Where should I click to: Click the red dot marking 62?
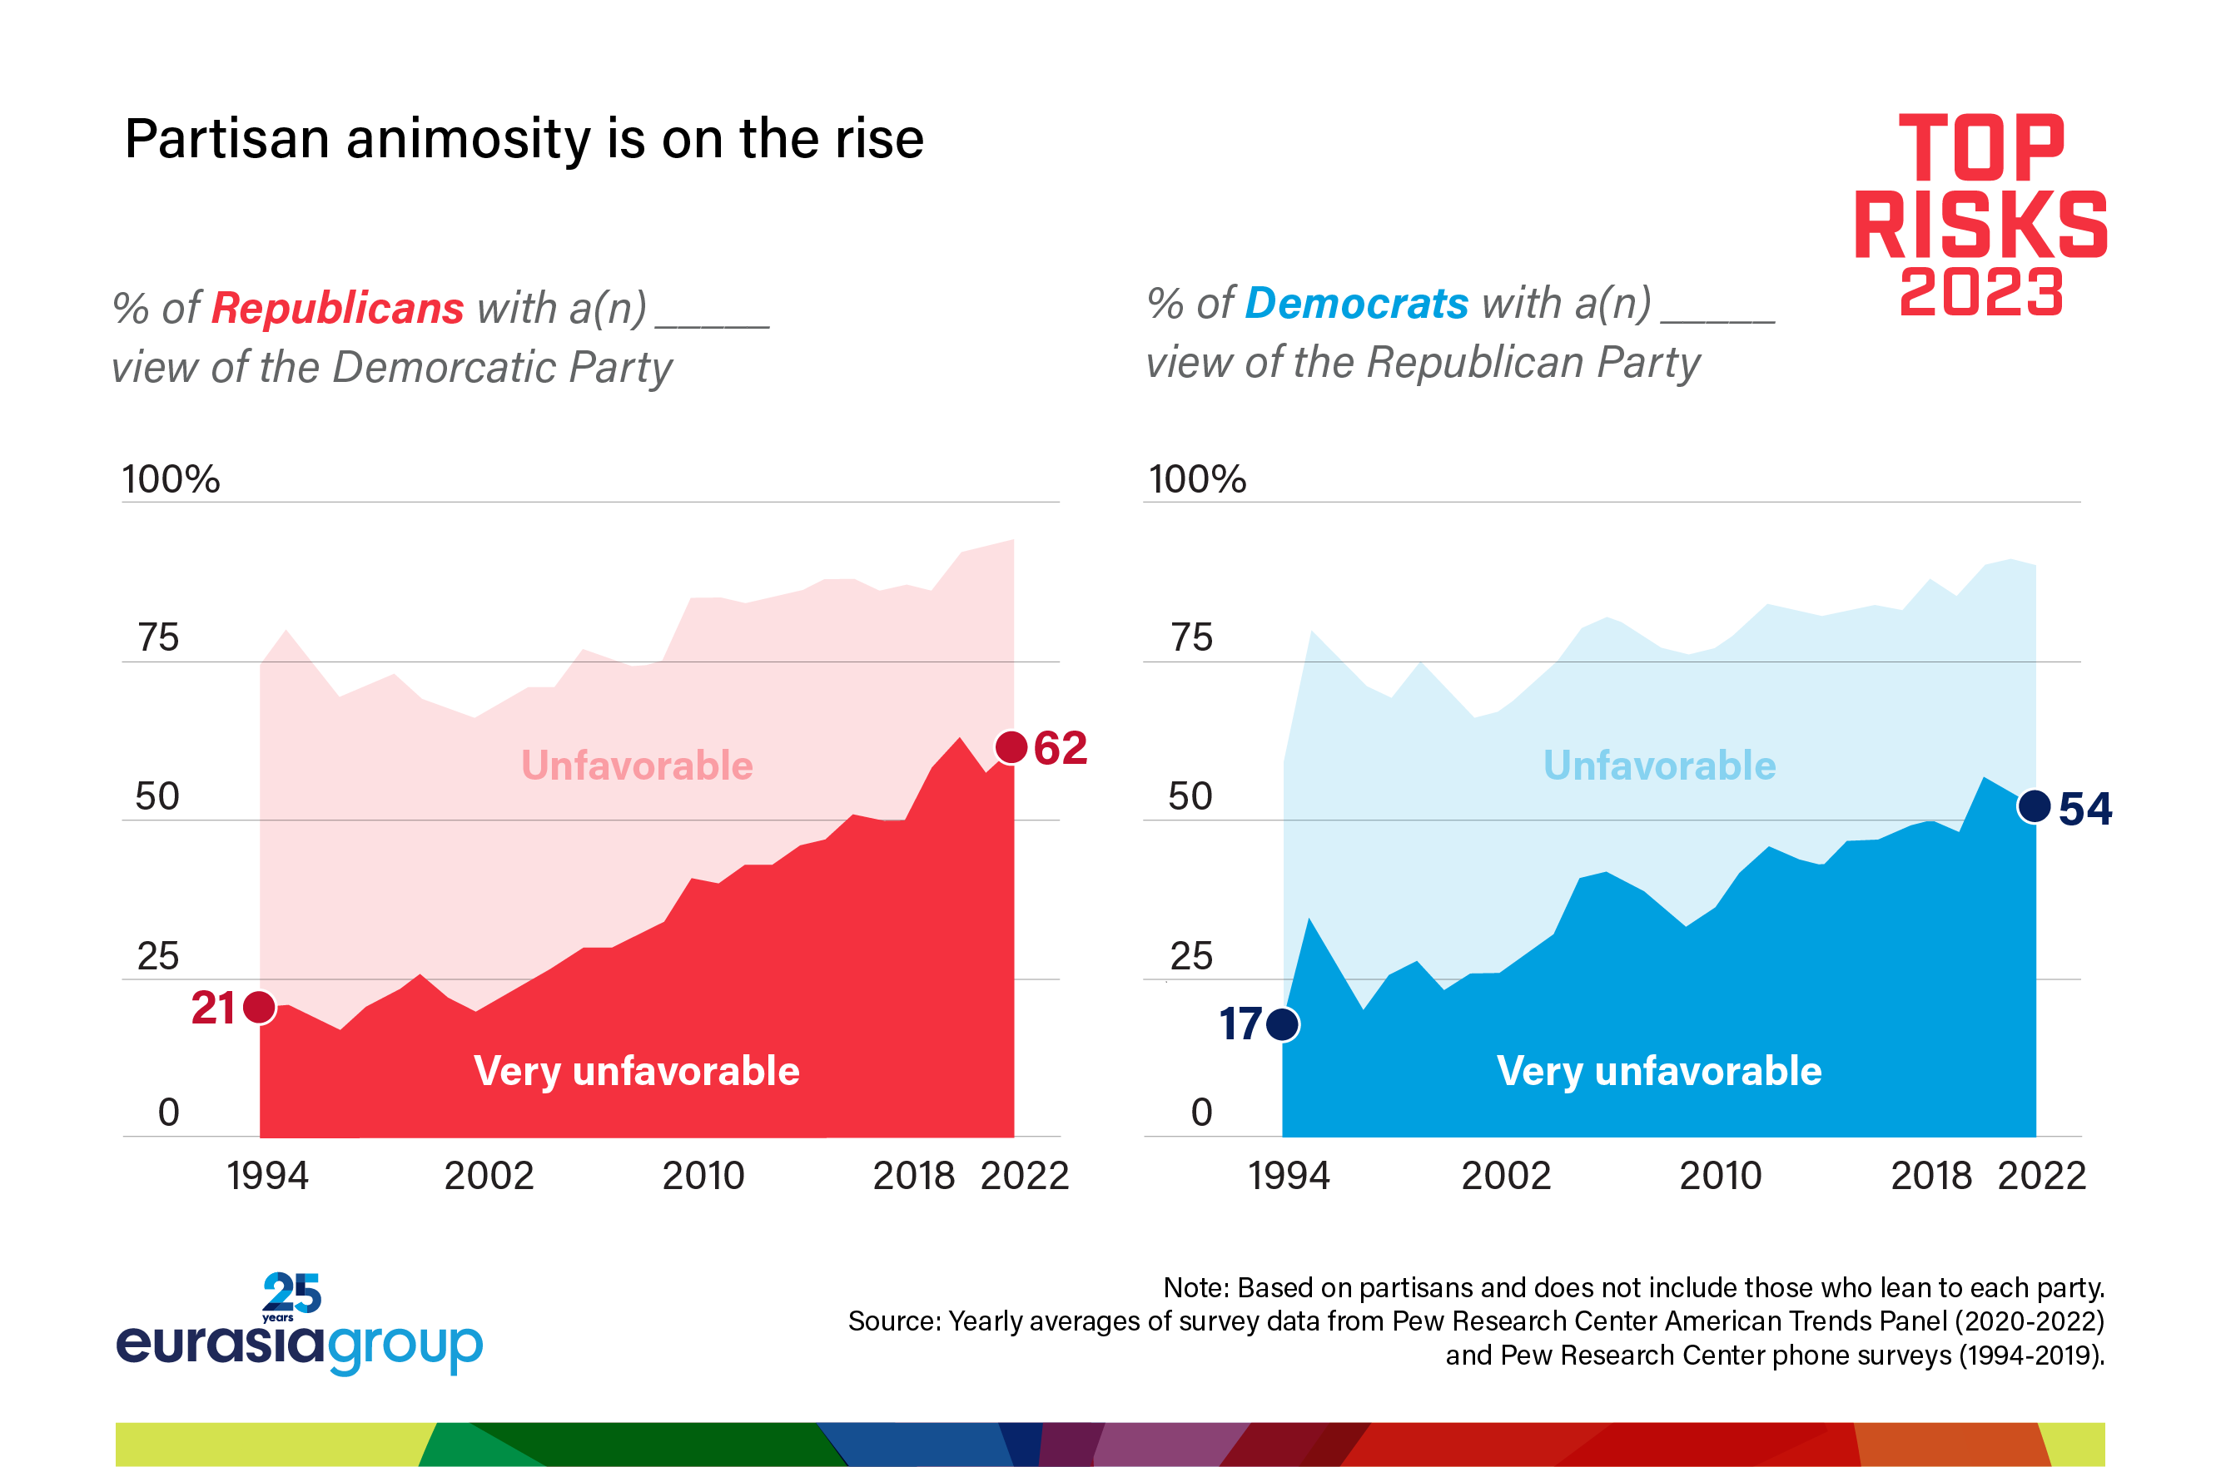coord(1011,747)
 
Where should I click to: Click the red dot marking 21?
coord(259,1007)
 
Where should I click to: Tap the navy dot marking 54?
coord(2035,805)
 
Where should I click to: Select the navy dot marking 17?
coord(1282,1023)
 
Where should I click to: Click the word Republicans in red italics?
coord(337,308)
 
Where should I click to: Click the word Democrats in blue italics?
coord(1356,303)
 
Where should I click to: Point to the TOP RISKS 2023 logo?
coord(1980,216)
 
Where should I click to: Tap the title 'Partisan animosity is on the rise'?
coord(524,140)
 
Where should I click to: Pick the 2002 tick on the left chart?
coord(489,1176)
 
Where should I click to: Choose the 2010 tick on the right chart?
coord(1720,1176)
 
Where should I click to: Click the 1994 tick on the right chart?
coord(1288,1176)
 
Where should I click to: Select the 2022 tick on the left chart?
coord(1024,1176)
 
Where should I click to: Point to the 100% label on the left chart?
coord(171,479)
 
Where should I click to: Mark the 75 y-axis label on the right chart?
coord(1191,638)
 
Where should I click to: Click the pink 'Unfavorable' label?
coord(637,766)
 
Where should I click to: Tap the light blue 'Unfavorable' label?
coord(1659,766)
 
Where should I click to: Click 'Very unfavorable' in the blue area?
coord(1658,1071)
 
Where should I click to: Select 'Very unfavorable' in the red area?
coord(637,1071)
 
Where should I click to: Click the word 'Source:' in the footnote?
coord(894,1321)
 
